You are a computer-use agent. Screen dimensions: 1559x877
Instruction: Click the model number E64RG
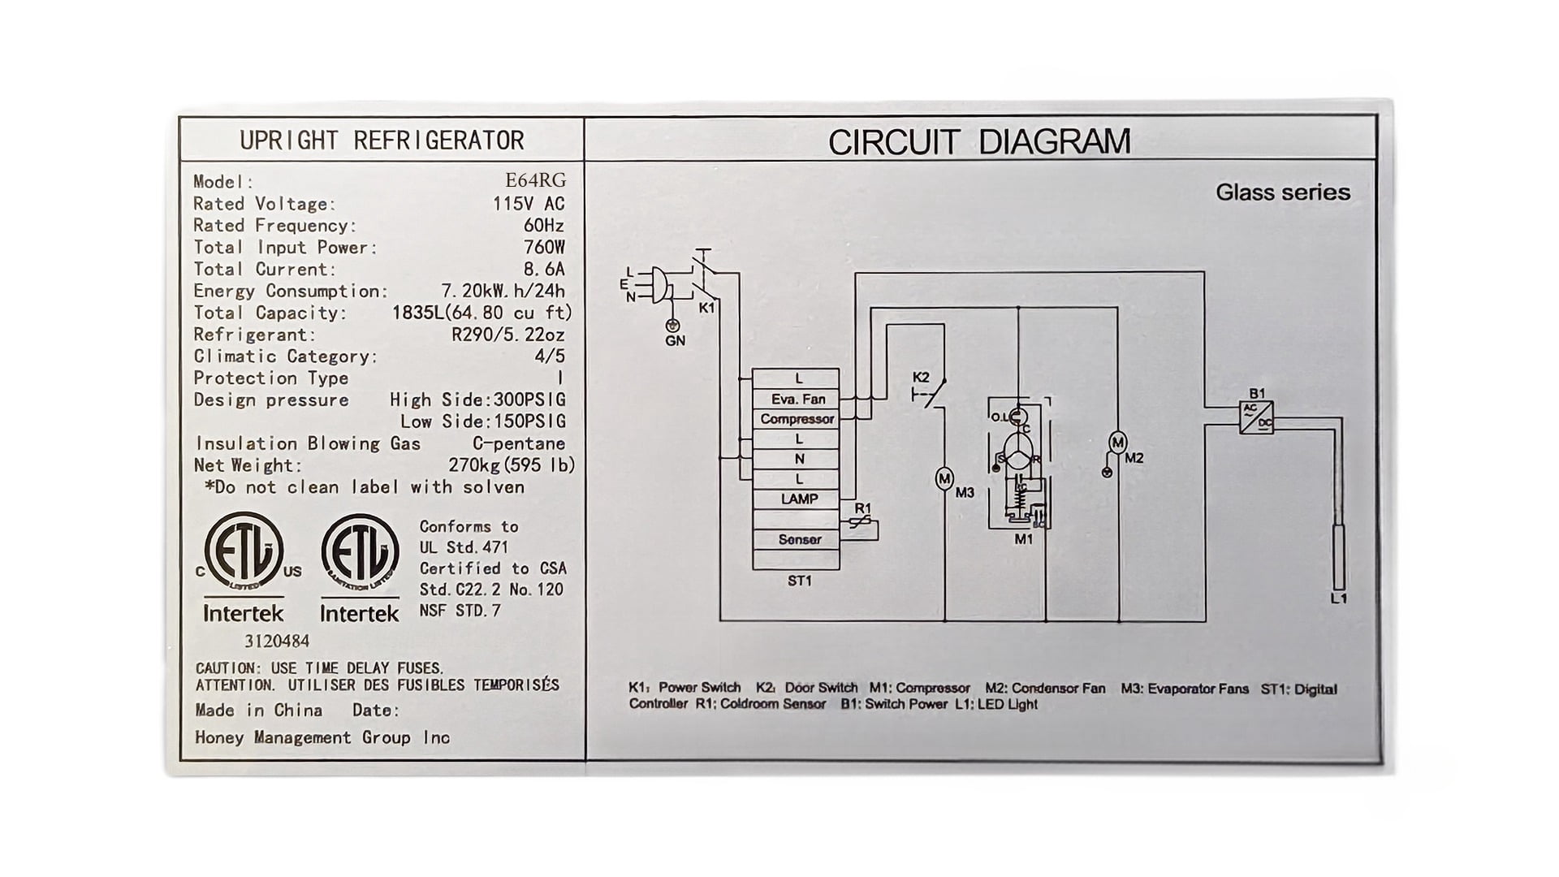(535, 180)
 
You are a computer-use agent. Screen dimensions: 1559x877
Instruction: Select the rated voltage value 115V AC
(529, 203)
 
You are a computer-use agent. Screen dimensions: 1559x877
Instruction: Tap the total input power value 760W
(544, 247)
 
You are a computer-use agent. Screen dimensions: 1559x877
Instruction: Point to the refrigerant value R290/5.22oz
(508, 335)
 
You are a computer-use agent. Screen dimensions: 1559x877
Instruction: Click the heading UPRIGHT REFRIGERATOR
(382, 140)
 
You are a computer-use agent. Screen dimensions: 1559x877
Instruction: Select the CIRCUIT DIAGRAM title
(979, 141)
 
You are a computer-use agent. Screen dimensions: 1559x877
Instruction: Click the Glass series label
(1283, 192)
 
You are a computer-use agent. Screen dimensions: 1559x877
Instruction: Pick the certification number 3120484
(277, 642)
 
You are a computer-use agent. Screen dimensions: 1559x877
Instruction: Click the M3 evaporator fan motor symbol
(944, 479)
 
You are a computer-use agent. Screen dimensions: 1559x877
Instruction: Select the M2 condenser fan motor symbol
(1118, 443)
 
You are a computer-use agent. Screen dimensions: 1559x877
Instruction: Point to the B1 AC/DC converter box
(1256, 417)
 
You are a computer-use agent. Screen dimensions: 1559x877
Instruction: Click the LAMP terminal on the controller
(799, 499)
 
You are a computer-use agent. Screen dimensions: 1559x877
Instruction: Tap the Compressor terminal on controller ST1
(797, 419)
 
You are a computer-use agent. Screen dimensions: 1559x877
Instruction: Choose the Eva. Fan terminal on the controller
(797, 399)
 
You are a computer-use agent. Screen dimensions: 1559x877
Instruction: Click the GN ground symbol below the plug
(672, 326)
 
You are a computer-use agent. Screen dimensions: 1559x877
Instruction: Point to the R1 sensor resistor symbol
(862, 524)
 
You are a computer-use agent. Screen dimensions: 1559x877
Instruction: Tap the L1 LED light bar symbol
(1339, 557)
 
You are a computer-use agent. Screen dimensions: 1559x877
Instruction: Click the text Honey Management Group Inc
(322, 738)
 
